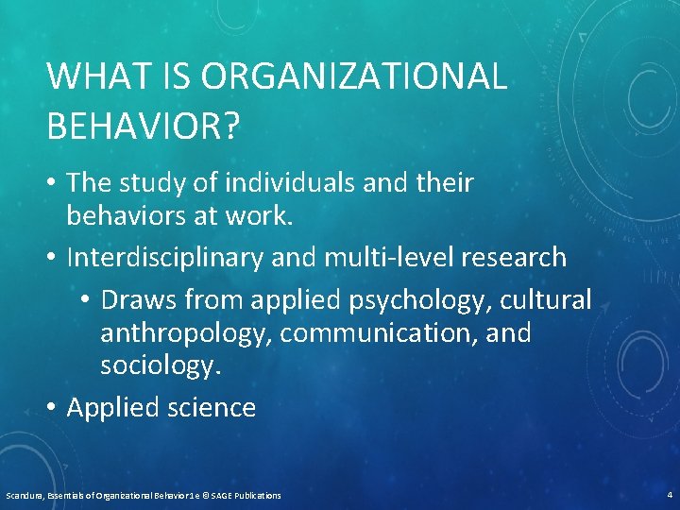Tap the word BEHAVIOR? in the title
[x=142, y=127]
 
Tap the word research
[x=515, y=257]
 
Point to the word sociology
[x=161, y=366]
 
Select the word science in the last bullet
[x=212, y=408]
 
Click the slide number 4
[x=668, y=494]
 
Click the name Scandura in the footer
[x=24, y=495]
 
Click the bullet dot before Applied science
[x=53, y=408]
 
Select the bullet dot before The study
[x=53, y=182]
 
